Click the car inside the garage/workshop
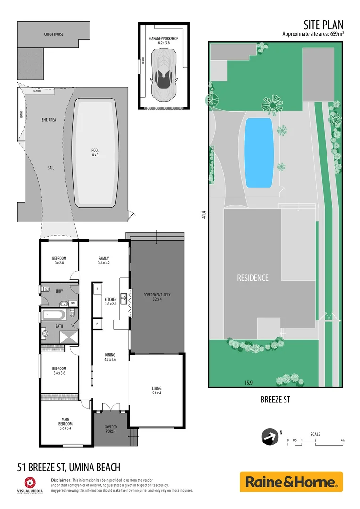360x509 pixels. [164, 75]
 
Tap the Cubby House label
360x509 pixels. [54, 34]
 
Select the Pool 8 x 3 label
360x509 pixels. [95, 153]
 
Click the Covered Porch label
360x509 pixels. [110, 429]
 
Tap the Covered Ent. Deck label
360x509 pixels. [157, 297]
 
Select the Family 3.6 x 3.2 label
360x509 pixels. [104, 261]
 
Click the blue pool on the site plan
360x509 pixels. [259, 152]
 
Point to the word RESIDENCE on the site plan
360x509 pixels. [253, 278]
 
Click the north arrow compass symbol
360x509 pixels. [270, 437]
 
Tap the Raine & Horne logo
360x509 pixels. [291, 482]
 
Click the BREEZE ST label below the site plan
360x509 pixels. [275, 400]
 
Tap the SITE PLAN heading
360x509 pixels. [323, 25]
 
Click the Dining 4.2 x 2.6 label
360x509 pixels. [110, 357]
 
